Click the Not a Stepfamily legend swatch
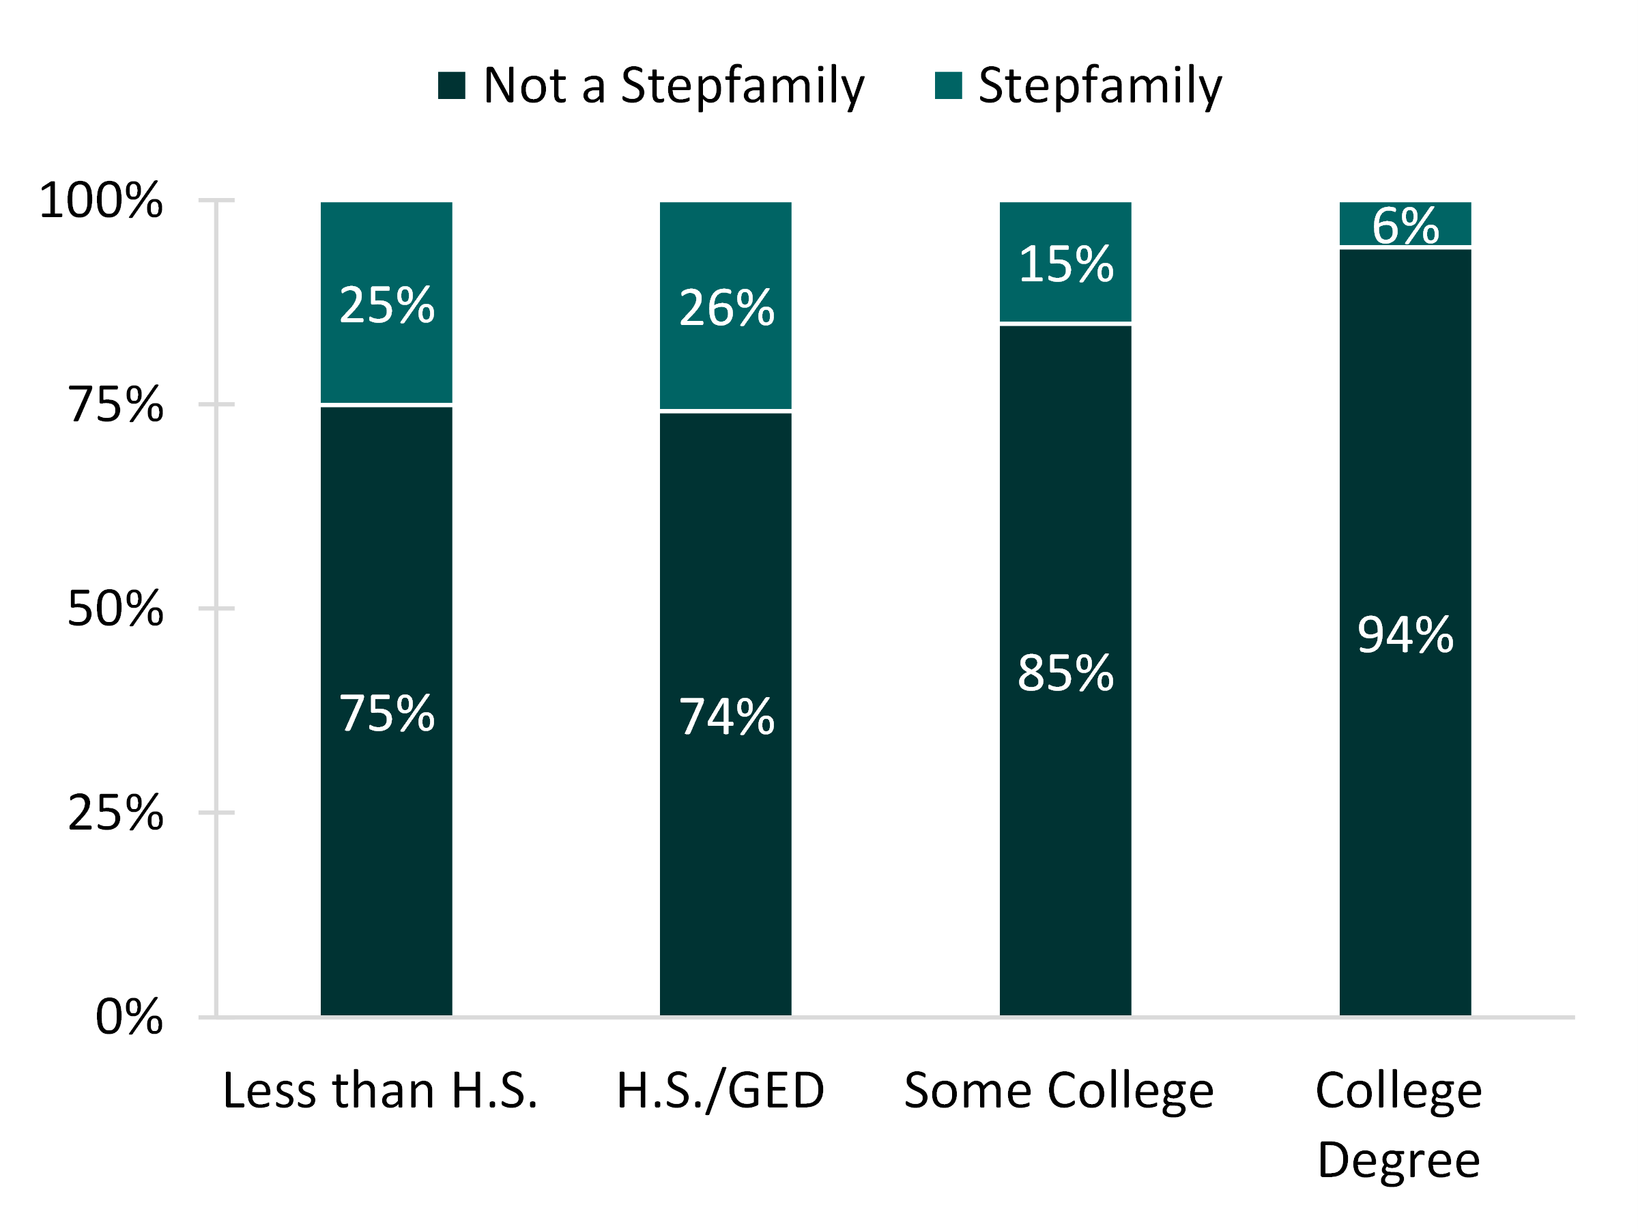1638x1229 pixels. click(x=451, y=85)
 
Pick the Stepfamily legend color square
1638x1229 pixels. click(x=948, y=85)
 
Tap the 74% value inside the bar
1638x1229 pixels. click(x=726, y=716)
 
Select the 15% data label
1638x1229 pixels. click(x=1065, y=264)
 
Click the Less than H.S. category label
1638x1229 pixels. click(x=380, y=1090)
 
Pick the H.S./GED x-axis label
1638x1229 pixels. click(x=721, y=1090)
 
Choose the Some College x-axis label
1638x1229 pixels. click(x=1059, y=1090)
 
